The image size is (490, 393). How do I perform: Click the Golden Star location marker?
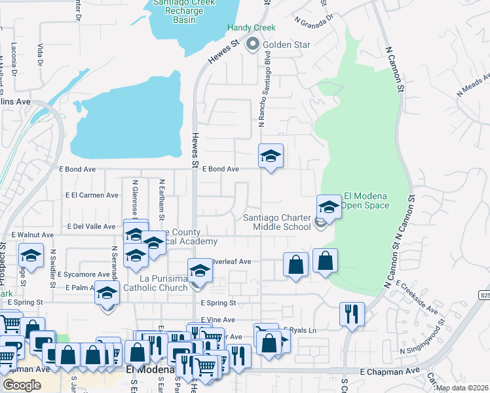click(x=252, y=45)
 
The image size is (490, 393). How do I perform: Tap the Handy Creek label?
click(x=252, y=28)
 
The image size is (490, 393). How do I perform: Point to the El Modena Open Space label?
click(x=366, y=200)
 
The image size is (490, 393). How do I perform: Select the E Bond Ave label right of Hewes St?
click(x=220, y=169)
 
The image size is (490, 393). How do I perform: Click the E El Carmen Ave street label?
click(x=92, y=195)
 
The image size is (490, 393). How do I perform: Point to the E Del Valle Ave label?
click(x=90, y=227)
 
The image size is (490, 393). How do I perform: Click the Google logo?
click(x=22, y=385)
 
